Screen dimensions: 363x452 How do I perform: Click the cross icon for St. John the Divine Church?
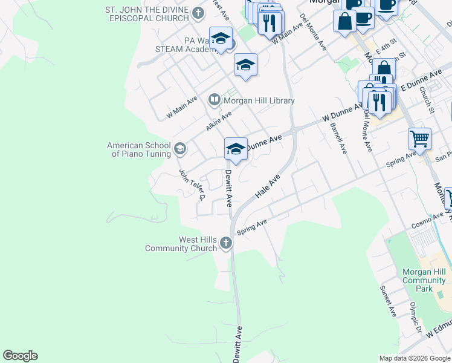click(198, 13)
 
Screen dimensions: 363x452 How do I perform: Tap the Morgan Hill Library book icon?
click(214, 99)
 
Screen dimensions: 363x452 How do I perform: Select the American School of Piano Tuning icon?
click(179, 148)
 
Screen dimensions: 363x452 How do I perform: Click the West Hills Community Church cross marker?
click(226, 243)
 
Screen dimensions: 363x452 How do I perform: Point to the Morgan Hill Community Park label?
click(424, 280)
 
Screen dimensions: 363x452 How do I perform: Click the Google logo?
click(20, 356)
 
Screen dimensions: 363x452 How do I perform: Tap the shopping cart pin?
click(419, 139)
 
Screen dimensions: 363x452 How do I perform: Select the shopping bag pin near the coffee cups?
click(344, 21)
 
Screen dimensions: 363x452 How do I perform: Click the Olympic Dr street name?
click(415, 318)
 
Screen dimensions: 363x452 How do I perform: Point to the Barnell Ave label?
click(338, 138)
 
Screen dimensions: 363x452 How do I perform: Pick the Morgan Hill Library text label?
click(260, 101)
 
